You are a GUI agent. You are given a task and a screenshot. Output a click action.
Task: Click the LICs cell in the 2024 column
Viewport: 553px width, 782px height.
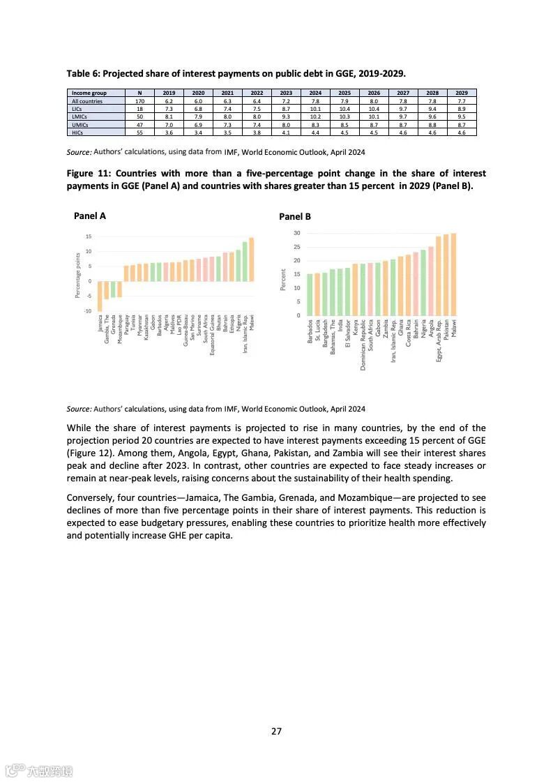coord(315,109)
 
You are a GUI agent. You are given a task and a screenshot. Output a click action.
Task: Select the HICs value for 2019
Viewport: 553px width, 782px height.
coord(169,132)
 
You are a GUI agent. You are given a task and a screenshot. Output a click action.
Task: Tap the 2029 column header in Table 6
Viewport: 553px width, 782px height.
coord(462,93)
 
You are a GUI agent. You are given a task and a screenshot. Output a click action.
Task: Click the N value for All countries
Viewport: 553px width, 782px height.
coord(139,101)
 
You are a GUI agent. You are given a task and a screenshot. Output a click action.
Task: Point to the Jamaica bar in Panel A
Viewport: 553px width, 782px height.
coord(100,296)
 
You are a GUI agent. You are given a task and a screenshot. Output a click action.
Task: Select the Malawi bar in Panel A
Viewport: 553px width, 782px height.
coord(252,260)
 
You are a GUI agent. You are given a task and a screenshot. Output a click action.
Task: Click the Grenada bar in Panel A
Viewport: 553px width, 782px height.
coord(113,289)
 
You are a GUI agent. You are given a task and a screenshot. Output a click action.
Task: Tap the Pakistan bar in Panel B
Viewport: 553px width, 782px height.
coord(446,275)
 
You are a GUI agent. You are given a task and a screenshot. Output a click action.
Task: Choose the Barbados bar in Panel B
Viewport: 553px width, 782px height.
coord(310,294)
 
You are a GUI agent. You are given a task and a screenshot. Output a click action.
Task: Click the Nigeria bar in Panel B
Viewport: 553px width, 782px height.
coord(423,283)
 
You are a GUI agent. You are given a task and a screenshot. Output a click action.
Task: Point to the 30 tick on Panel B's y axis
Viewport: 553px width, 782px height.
coord(297,233)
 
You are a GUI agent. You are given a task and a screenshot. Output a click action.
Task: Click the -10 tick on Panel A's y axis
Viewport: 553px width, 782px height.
coord(88,310)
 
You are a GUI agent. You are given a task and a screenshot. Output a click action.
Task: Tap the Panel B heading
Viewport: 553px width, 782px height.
coord(295,216)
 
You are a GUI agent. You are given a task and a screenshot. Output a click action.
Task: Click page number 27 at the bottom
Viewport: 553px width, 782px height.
coord(276,731)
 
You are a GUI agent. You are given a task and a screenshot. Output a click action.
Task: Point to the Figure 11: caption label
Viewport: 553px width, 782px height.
coord(89,173)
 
